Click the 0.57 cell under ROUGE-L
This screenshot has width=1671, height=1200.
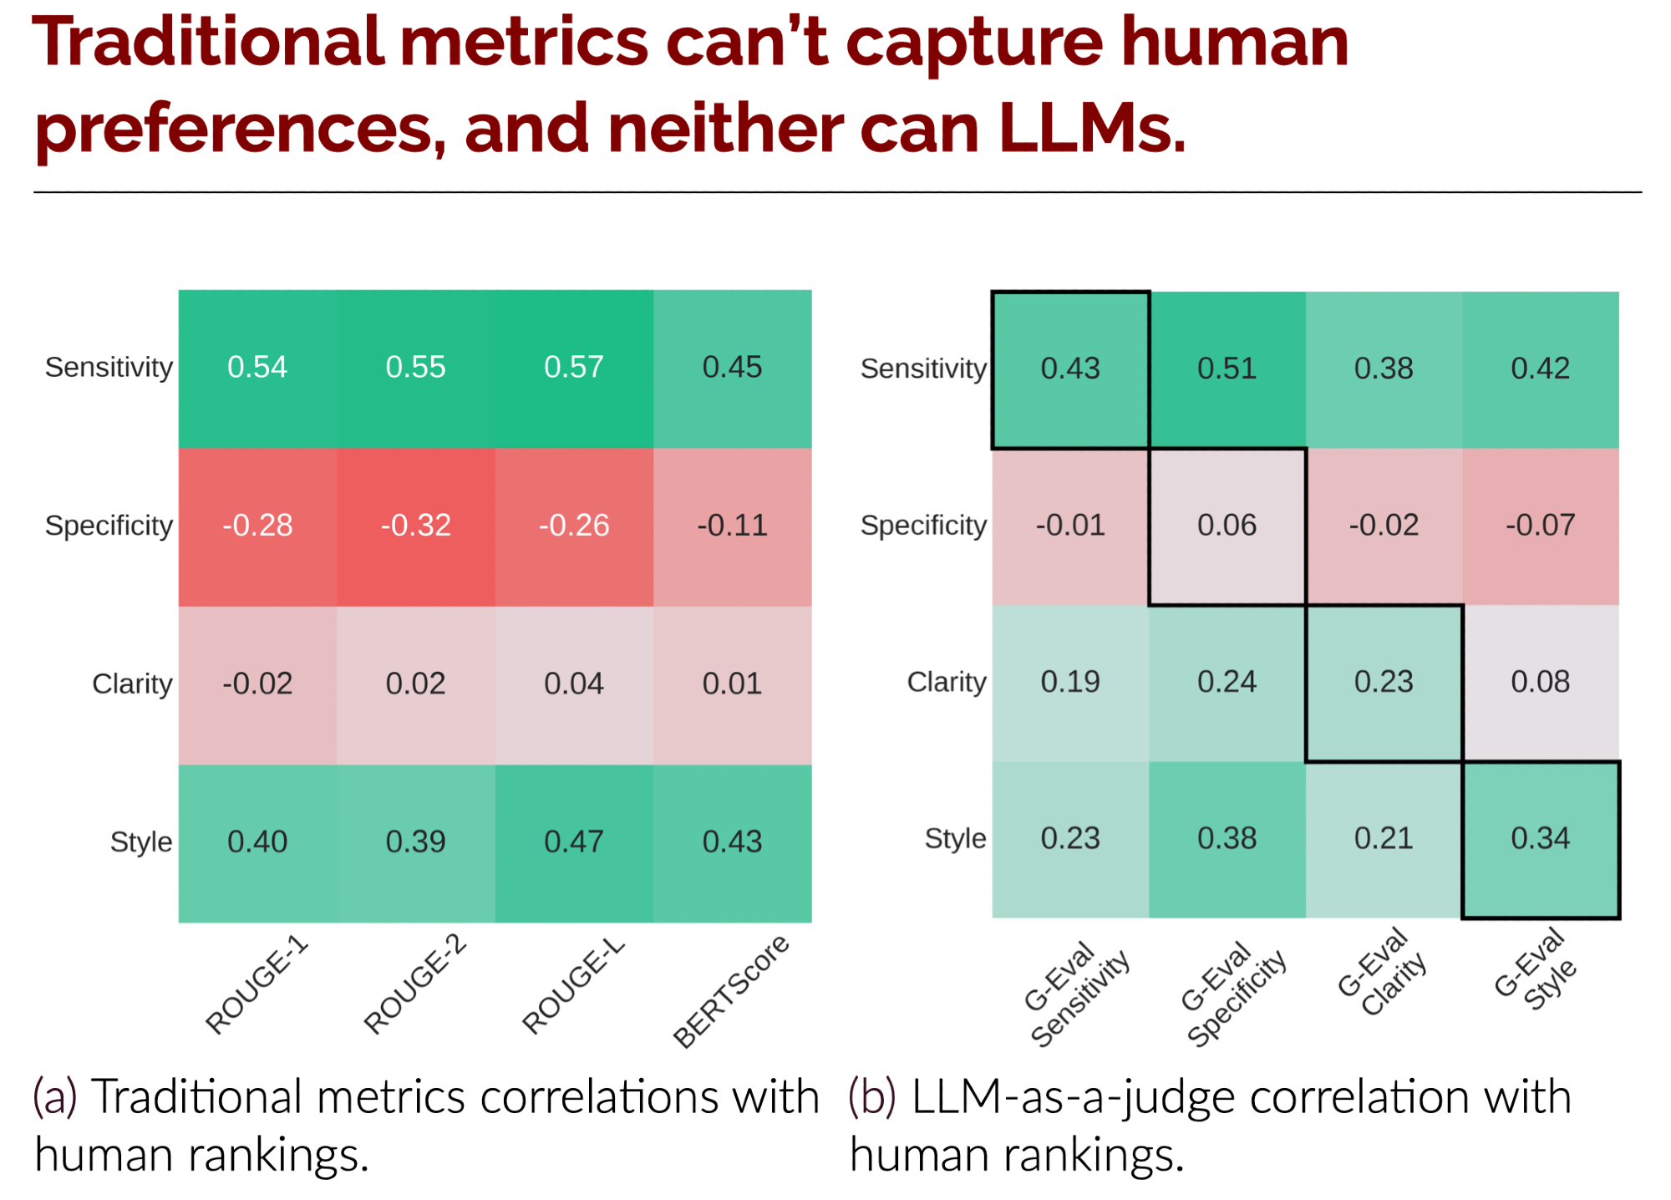click(574, 368)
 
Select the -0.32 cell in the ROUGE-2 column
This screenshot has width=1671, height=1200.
click(416, 526)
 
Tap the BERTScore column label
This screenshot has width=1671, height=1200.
click(731, 991)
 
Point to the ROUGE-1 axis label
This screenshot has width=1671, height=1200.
click(256, 986)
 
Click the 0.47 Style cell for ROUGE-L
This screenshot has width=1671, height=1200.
click(574, 842)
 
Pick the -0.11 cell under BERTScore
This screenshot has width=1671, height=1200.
click(732, 526)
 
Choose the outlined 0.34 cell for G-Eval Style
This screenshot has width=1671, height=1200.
click(1540, 838)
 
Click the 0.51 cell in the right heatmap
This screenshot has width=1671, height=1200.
click(1227, 369)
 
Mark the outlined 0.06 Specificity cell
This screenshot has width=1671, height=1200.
click(1227, 526)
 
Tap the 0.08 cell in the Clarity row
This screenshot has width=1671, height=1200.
click(1540, 682)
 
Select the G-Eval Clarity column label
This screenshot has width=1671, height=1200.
click(1383, 973)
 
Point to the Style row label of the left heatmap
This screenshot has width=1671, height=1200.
click(141, 842)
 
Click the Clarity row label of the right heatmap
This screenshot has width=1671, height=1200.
click(947, 682)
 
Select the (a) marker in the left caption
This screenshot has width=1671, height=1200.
click(55, 1096)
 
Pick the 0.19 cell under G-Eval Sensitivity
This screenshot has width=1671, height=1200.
click(1070, 682)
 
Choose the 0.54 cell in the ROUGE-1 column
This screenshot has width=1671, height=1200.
click(257, 368)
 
